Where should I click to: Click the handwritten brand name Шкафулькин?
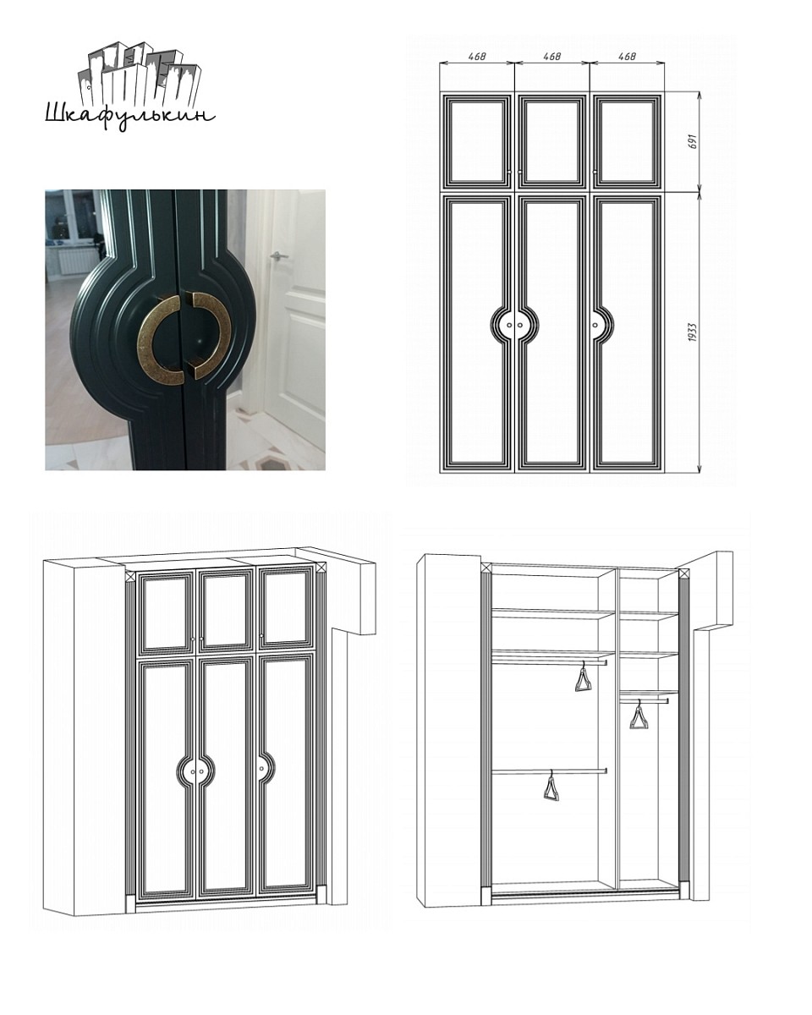[130, 116]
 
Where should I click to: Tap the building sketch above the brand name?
[140, 75]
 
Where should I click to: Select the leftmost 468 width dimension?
[477, 56]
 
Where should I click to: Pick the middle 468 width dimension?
[552, 56]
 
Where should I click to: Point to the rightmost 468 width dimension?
[627, 56]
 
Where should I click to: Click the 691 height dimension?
[693, 141]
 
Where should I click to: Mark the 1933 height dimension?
[693, 332]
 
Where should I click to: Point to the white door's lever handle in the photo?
[279, 255]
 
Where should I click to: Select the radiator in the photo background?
[75, 261]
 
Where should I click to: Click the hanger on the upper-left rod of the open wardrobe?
[584, 678]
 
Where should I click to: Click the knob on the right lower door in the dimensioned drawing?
[595, 325]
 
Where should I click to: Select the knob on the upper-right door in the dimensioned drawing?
[595, 173]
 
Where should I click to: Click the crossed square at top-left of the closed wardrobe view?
[130, 577]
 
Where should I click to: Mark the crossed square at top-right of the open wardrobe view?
[683, 573]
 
